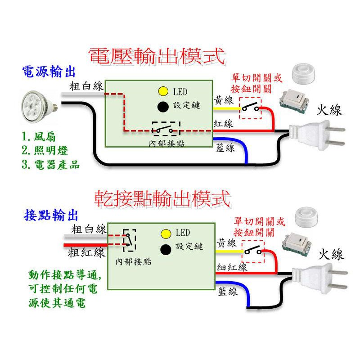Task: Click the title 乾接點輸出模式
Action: pyautogui.click(x=163, y=198)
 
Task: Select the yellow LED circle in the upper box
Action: pyautogui.click(x=162, y=92)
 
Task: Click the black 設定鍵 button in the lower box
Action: pyautogui.click(x=166, y=248)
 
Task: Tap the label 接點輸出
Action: pyautogui.click(x=51, y=215)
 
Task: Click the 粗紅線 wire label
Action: pyautogui.click(x=88, y=252)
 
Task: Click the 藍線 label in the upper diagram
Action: pyautogui.click(x=225, y=148)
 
